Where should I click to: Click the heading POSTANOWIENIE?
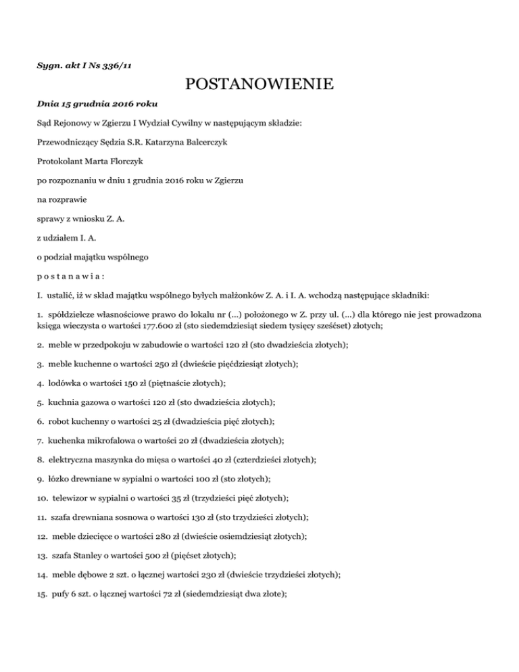259,85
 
